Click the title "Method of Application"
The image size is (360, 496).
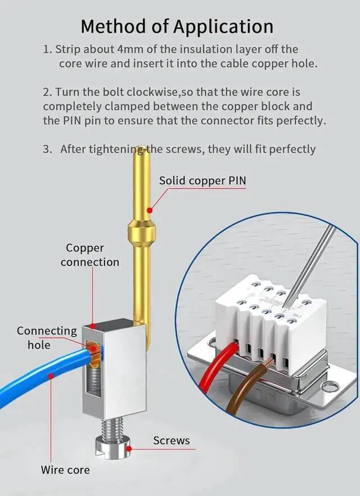(x=177, y=26)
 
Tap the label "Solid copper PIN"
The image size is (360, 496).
(x=202, y=181)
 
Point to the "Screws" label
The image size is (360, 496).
(x=172, y=440)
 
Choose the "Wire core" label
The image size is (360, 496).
(x=65, y=470)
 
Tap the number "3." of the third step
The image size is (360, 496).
(x=47, y=149)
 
